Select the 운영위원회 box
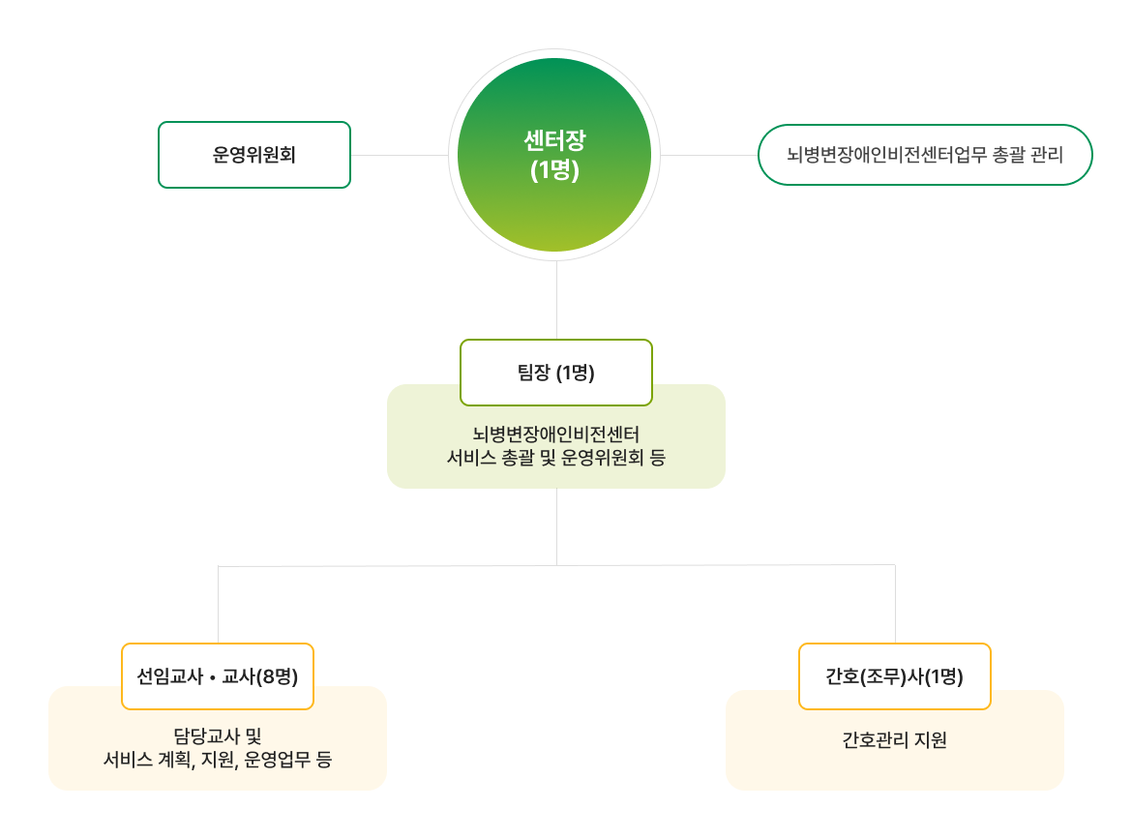coord(254,155)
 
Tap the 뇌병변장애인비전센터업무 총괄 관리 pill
coord(925,155)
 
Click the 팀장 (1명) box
coord(556,373)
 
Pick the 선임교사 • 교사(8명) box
coord(218,676)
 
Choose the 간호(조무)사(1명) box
coord(895,676)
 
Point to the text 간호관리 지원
coord(895,741)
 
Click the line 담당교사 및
coord(218,735)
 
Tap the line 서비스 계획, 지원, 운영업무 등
coord(218,760)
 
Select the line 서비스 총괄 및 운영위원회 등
coord(556,458)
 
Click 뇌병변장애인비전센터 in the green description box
coord(556,434)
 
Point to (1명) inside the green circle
coord(554,169)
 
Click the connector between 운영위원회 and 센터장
coord(399,155)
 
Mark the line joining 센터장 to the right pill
coord(708,155)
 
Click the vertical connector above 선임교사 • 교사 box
coord(219,605)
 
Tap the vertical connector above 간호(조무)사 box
coord(895,605)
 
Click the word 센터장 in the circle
coord(554,140)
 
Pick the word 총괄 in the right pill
coord(1010,155)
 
